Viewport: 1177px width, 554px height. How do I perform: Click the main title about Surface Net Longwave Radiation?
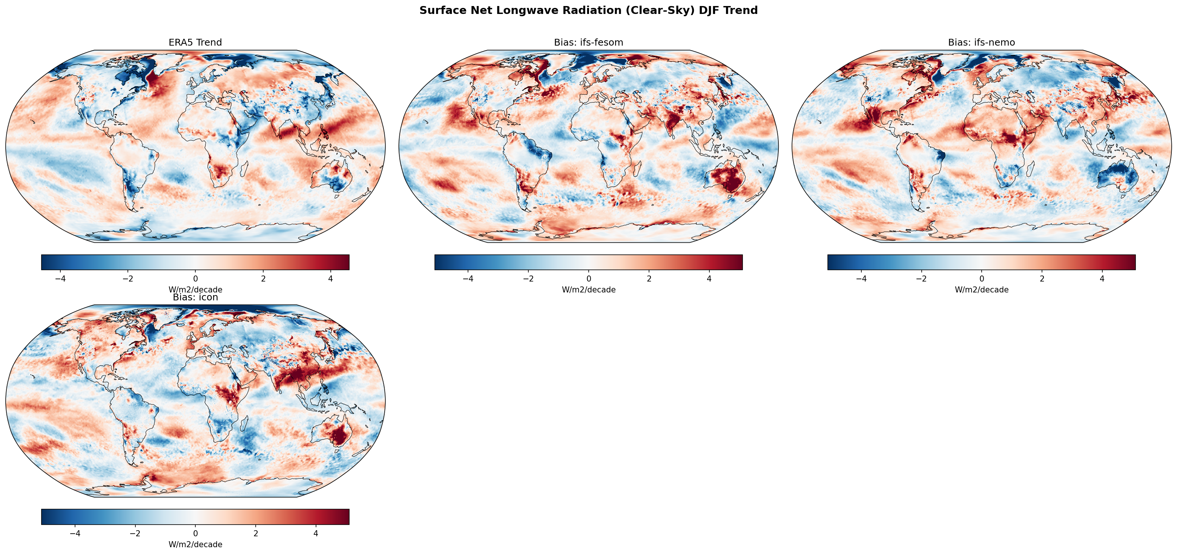coord(588,11)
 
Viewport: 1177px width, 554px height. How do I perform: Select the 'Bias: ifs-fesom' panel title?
coord(588,43)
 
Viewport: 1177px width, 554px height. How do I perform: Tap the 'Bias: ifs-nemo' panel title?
coord(981,43)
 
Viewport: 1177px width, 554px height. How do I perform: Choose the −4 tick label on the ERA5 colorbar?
coord(60,279)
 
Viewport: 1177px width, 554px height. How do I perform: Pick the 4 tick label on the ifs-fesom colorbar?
coord(709,279)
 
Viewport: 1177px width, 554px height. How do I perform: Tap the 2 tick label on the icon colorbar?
coord(255,533)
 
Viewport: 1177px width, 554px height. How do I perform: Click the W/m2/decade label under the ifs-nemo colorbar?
coord(981,289)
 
